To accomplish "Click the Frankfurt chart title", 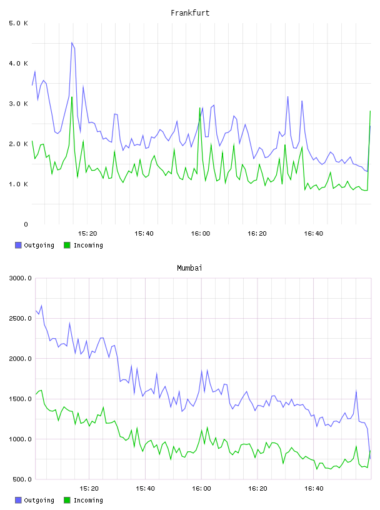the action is (190, 13).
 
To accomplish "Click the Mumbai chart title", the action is (189, 268).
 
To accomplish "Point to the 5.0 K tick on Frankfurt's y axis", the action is (18, 23).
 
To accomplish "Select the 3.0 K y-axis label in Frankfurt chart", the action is (18, 104).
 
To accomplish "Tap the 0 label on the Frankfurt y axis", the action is (26, 224).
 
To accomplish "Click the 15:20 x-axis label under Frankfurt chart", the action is (87, 234).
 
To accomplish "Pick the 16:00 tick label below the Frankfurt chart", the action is (201, 234).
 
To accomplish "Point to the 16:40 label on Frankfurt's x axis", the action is (313, 234).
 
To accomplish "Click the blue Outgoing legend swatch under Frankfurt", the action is (18, 245).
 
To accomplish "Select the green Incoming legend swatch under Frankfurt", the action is (67, 245).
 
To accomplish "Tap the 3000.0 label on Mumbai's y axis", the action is (20, 278).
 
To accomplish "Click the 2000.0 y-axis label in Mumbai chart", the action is (20, 359).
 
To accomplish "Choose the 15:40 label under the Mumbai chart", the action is (145, 489).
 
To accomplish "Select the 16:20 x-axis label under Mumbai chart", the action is (257, 489).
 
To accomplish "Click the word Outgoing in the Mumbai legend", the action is (39, 500).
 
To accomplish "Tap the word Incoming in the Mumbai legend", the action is (88, 500).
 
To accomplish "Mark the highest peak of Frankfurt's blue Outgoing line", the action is (72, 42).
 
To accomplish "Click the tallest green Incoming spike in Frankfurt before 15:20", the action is (72, 97).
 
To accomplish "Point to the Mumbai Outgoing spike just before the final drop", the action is (356, 391).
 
